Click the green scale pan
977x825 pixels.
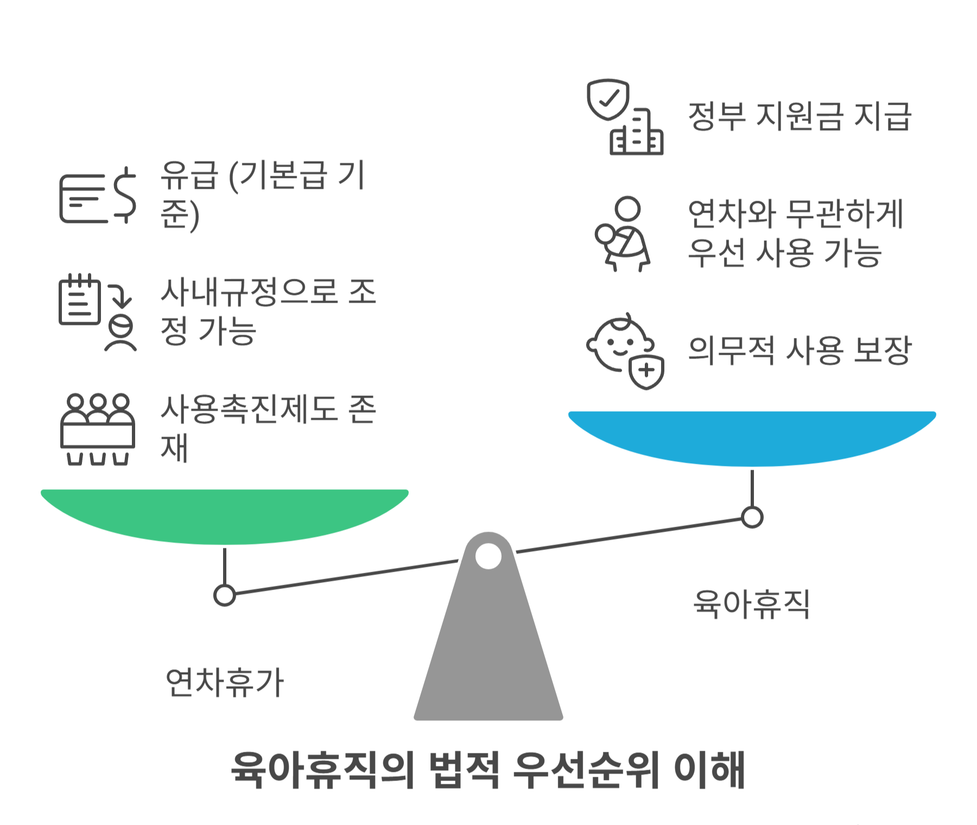(225, 515)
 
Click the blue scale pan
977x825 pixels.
(752, 437)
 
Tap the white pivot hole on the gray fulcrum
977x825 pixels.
(488, 557)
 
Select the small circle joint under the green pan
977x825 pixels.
(225, 595)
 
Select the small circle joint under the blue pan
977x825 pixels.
(752, 517)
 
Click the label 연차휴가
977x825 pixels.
(225, 682)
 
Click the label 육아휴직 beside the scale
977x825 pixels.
(752, 604)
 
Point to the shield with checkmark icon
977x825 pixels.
(608, 100)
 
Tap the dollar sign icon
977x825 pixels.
(125, 195)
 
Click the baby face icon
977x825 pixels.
(619, 344)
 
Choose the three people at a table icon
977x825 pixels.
(98, 429)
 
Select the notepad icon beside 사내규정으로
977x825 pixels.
(79, 300)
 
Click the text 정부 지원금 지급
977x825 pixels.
(799, 117)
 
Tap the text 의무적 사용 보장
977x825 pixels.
(799, 350)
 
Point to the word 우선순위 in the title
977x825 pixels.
(586, 770)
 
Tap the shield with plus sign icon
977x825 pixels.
(646, 372)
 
